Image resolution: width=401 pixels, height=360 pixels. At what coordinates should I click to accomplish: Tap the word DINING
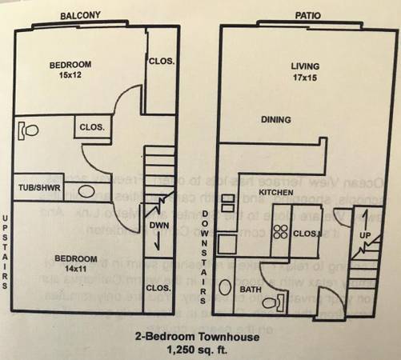[x=275, y=120]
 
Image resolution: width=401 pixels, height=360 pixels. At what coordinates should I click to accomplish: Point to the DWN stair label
[x=158, y=226]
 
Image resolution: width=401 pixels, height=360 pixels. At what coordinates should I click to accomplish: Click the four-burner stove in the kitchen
[x=281, y=232]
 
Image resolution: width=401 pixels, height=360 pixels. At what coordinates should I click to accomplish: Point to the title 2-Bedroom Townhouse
[x=200, y=338]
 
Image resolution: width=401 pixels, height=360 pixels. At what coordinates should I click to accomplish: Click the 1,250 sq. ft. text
[x=200, y=350]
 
